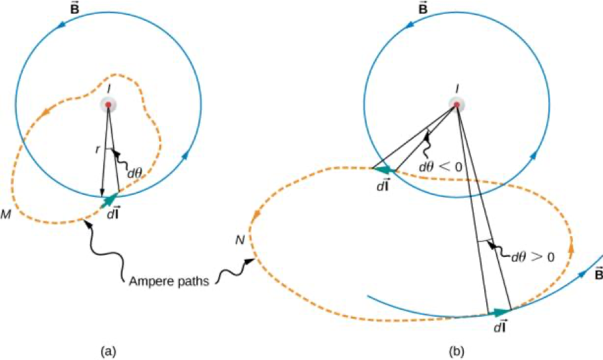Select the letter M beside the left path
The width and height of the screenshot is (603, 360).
click(5, 214)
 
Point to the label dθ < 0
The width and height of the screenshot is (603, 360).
click(440, 167)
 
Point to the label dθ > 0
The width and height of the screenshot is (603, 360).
click(533, 256)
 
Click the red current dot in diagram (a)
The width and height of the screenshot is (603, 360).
click(108, 104)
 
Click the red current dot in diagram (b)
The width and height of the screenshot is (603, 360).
click(457, 104)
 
